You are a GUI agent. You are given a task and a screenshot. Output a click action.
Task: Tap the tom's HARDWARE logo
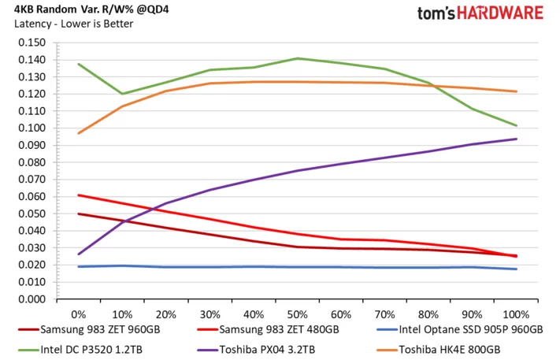(481, 13)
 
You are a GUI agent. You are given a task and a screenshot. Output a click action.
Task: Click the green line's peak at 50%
(298, 58)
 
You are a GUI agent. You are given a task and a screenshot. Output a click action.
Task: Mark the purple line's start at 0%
(79, 254)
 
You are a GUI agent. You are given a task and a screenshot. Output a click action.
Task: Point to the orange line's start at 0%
(79, 133)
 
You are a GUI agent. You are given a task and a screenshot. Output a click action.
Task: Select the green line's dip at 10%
(122, 94)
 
